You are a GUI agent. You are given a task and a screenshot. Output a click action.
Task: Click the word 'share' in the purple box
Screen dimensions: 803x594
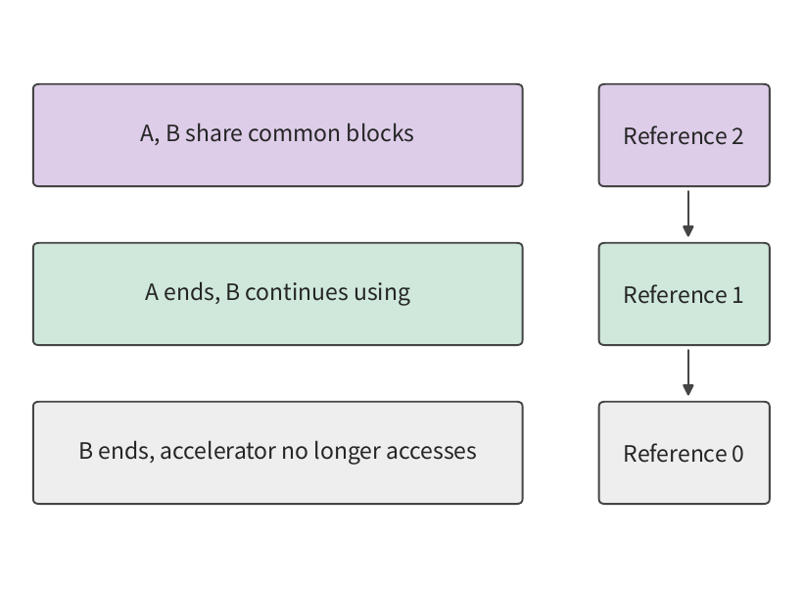coord(213,133)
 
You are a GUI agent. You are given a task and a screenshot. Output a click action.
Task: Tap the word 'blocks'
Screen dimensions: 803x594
coord(380,133)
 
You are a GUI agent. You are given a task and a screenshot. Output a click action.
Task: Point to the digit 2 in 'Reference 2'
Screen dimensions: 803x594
coord(737,136)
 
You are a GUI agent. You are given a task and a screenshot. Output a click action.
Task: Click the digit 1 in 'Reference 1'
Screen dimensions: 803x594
coord(737,295)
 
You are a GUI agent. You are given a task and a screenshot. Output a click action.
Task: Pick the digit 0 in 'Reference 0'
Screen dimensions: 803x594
coord(737,454)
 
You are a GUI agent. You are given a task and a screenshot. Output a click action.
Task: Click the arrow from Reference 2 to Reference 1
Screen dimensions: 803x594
coord(688,214)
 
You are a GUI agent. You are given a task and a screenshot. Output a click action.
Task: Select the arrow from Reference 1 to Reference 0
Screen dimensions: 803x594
coord(688,372)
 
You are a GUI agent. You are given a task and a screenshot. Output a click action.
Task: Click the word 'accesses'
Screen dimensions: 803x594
coord(431,452)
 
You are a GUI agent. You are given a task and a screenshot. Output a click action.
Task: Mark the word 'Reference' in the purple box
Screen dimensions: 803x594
coord(675,136)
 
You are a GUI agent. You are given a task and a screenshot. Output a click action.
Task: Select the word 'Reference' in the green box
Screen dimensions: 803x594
coord(675,295)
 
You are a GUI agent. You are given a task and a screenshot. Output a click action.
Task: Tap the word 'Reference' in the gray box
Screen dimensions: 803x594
coord(675,454)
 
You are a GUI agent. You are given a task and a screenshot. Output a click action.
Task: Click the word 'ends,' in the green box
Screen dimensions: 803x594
coord(192,293)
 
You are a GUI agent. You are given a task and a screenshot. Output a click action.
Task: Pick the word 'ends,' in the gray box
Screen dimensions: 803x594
coord(126,452)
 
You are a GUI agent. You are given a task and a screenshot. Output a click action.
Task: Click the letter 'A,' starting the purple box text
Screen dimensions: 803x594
coord(150,134)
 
